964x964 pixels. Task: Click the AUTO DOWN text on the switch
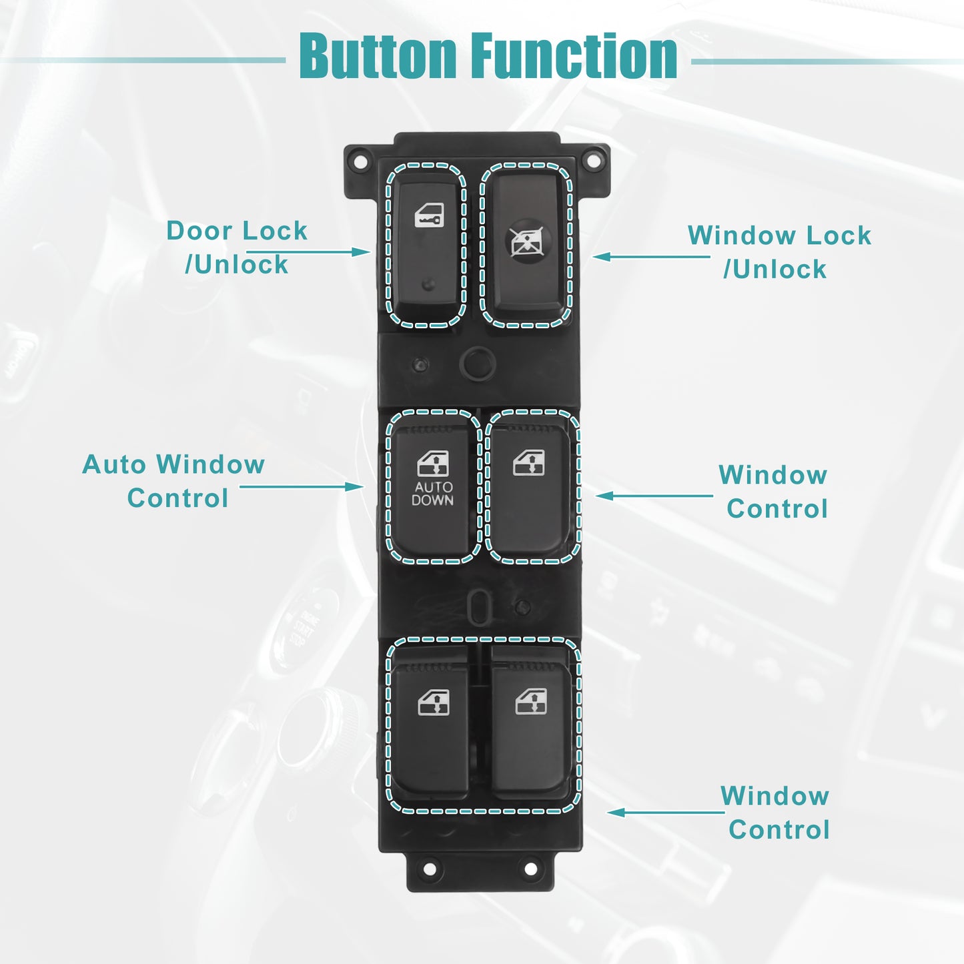click(432, 494)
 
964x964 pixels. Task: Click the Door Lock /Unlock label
click(237, 247)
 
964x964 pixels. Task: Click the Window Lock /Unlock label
click(779, 252)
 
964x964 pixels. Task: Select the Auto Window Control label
click(173, 481)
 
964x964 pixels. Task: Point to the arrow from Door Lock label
click(308, 252)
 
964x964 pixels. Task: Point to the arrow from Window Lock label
click(651, 257)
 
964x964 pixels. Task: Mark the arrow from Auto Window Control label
click(302, 486)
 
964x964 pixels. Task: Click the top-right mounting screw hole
click(593, 161)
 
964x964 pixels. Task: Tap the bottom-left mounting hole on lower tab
click(430, 869)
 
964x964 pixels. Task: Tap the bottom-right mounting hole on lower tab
click(531, 869)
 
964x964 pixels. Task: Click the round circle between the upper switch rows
click(478, 363)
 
